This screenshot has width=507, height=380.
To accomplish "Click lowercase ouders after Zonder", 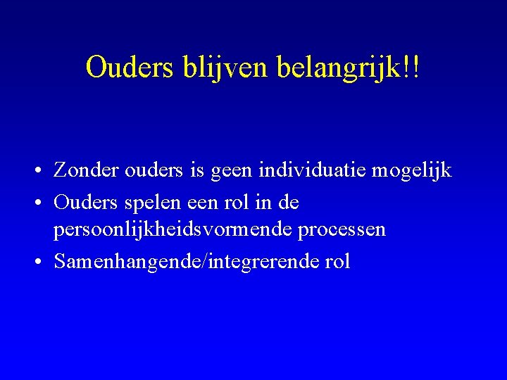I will coord(149,171).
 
